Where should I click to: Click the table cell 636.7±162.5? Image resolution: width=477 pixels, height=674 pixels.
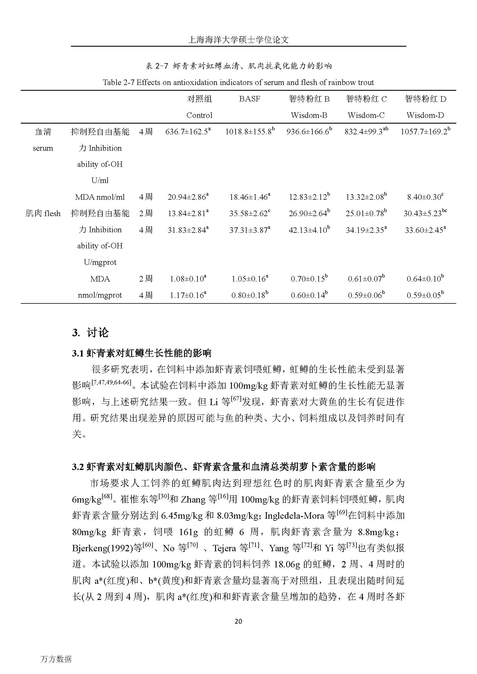pyautogui.click(x=188, y=132)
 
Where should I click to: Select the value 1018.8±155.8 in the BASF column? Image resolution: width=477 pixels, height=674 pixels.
pyautogui.click(x=249, y=132)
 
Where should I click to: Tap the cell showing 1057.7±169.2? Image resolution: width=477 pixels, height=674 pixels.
pyautogui.click(x=425, y=132)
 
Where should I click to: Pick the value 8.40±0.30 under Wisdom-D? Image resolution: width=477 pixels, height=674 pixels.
pyautogui.click(x=425, y=197)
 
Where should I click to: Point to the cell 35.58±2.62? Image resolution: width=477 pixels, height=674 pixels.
pyautogui.click(x=249, y=214)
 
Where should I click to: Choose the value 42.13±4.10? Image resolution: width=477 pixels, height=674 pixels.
pyautogui.click(x=309, y=230)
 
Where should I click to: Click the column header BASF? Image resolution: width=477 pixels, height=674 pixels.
pyautogui.click(x=249, y=99)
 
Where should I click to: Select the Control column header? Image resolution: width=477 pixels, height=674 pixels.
pyautogui.click(x=199, y=115)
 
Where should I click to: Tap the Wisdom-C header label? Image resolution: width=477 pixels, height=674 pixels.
pyautogui.click(x=366, y=115)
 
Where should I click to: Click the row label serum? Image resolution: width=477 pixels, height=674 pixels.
pyautogui.click(x=43, y=148)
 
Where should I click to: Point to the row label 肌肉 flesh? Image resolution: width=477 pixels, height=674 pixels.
pyautogui.click(x=43, y=214)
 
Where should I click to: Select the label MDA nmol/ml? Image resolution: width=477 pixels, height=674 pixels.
pyautogui.click(x=100, y=197)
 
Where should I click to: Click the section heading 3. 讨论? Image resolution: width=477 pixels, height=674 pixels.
pyautogui.click(x=91, y=333)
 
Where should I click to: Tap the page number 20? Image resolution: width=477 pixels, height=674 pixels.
pyautogui.click(x=238, y=621)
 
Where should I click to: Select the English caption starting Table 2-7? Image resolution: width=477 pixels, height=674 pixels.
pyautogui.click(x=238, y=82)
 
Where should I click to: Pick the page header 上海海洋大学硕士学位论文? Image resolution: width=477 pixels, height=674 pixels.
pyautogui.click(x=238, y=40)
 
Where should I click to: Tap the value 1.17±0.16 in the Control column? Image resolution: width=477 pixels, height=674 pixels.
pyautogui.click(x=188, y=295)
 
